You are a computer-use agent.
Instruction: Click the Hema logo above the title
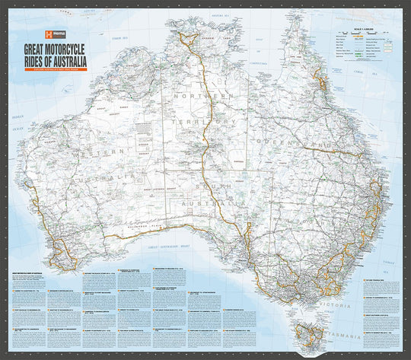pyautogui.click(x=55, y=35)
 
